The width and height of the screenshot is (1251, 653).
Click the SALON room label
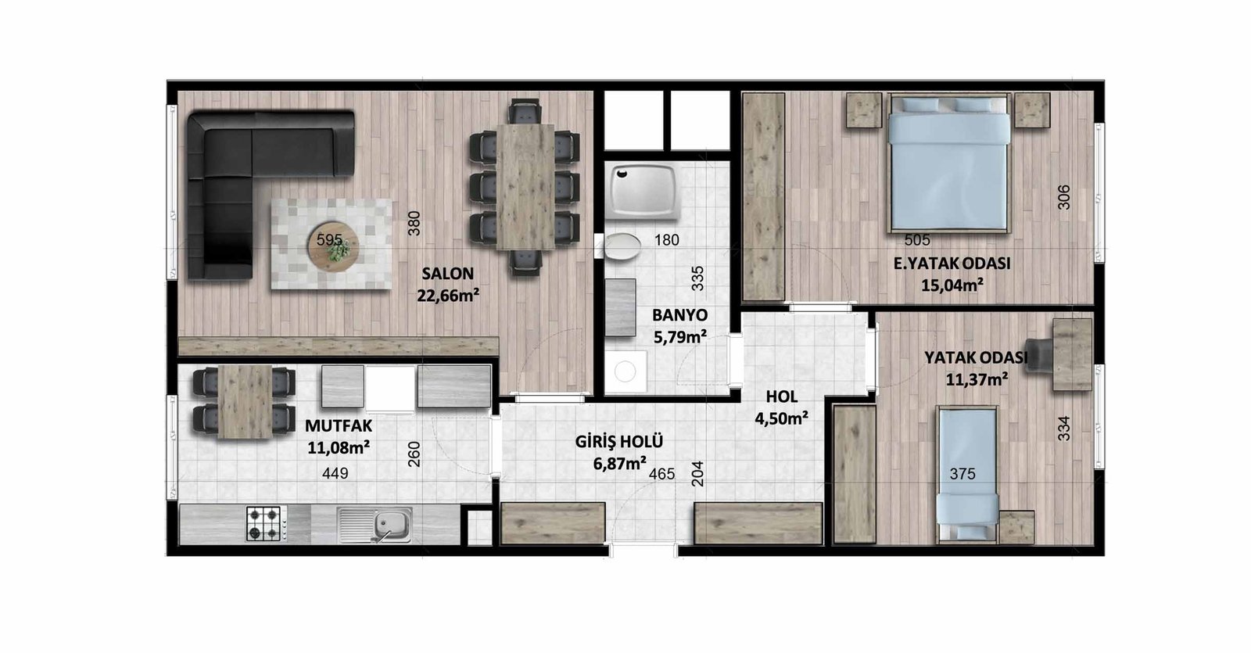point(447,274)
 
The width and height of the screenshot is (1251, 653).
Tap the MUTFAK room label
point(339,425)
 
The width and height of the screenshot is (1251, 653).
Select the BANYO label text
point(679,315)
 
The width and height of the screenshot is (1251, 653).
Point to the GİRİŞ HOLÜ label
point(618,441)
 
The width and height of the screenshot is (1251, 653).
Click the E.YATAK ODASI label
point(952,264)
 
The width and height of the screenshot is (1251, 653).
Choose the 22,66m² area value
point(448,295)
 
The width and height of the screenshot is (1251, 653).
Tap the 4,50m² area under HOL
point(781,418)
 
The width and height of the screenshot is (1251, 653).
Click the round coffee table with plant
point(333,246)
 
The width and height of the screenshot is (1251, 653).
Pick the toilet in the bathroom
point(621,246)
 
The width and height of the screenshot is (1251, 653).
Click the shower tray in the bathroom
point(644,192)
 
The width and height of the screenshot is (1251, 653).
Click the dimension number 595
point(329,239)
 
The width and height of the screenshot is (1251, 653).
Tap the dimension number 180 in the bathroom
point(667,240)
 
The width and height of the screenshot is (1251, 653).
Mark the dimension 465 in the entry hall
point(661,474)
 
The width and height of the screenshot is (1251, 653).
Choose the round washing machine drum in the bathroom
point(625,371)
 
